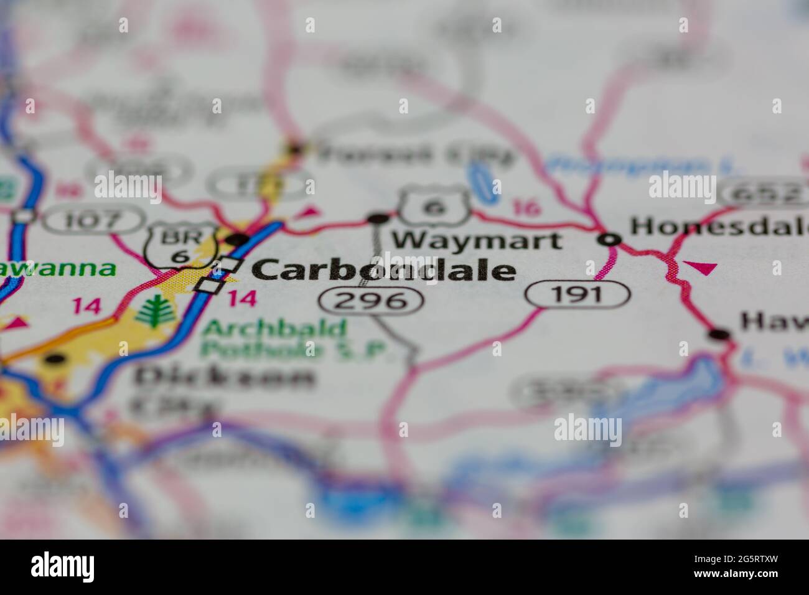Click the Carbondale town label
tap(384, 271)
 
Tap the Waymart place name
tap(477, 240)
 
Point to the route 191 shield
tap(577, 294)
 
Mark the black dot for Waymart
tap(377, 218)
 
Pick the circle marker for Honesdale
tap(610, 238)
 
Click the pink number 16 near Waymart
tap(526, 207)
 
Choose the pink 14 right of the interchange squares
tap(241, 298)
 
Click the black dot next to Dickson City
tap(55, 359)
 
